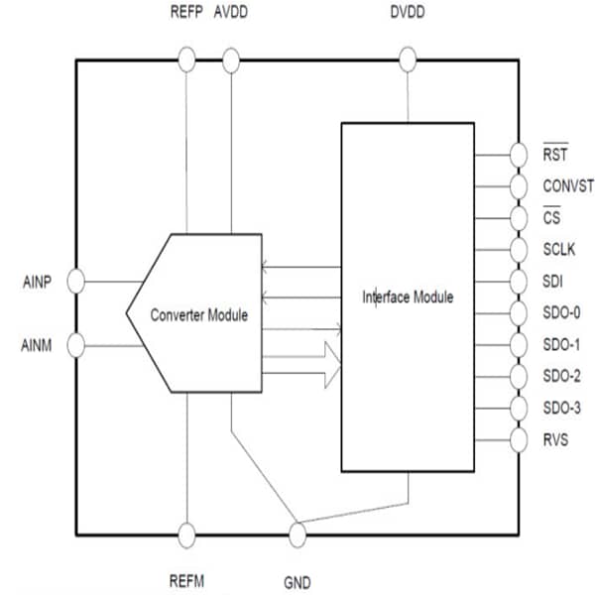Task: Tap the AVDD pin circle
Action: click(231, 61)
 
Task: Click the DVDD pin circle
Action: click(407, 61)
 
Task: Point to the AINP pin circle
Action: click(76, 282)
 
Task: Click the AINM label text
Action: click(39, 345)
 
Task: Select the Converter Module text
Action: click(198, 314)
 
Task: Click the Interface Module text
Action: click(408, 297)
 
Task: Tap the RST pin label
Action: click(555, 155)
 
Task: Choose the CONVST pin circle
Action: click(519, 186)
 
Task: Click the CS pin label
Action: click(551, 218)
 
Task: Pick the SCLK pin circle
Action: click(519, 250)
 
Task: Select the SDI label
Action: click(553, 282)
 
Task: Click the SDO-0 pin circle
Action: click(519, 313)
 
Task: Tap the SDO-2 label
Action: click(562, 376)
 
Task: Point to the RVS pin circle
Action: click(519, 439)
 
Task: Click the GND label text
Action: click(297, 582)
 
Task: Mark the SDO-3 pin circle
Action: click(519, 408)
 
